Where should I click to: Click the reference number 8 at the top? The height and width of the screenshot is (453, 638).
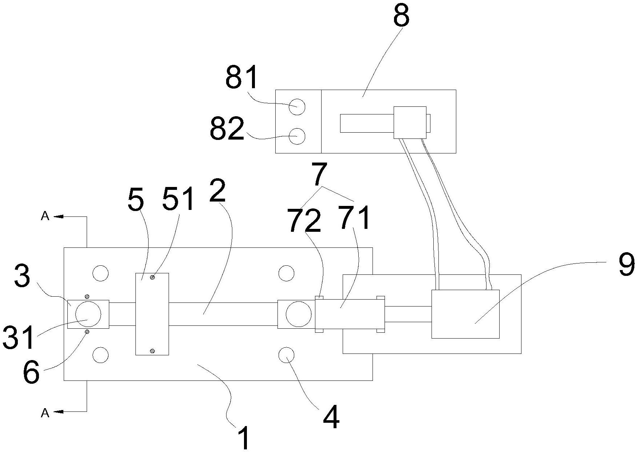[401, 16]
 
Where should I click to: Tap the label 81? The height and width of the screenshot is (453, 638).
[241, 78]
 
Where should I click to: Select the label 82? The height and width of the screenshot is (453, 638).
[227, 129]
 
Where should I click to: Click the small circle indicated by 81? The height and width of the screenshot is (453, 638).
[297, 107]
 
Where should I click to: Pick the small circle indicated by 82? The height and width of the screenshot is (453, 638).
[297, 136]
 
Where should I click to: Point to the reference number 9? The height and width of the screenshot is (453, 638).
[626, 265]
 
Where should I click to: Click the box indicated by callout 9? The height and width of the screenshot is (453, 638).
[465, 314]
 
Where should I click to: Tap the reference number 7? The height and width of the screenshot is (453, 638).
[320, 175]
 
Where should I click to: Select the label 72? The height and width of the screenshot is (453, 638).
[304, 220]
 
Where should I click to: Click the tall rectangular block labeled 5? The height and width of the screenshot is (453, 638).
[152, 314]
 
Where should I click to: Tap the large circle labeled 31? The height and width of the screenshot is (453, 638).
[88, 314]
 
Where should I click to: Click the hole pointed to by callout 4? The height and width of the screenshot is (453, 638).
[286, 355]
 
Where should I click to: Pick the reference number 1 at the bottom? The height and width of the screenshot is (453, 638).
[244, 438]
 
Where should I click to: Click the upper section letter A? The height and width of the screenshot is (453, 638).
[45, 216]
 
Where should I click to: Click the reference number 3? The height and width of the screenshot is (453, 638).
[22, 277]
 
